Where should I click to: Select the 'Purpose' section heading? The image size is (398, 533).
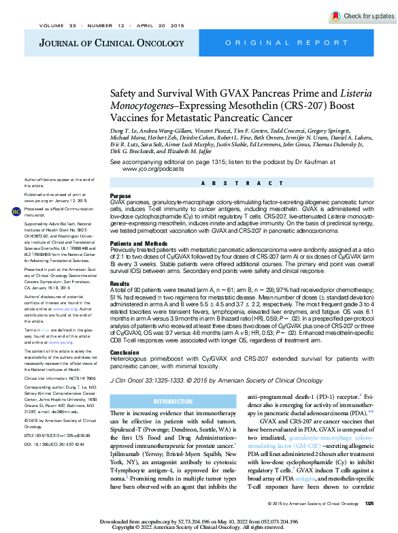[x=121, y=195]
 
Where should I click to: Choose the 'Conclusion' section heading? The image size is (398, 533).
[x=125, y=353]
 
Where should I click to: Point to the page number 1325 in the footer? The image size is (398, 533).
[x=369, y=503]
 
